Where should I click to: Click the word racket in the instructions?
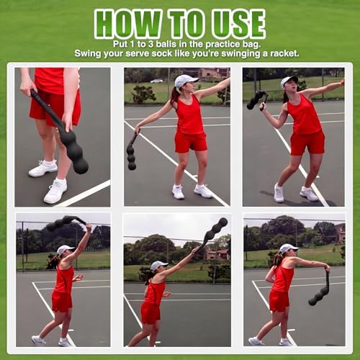tap(285, 53)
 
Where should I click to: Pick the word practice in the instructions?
tap(223, 45)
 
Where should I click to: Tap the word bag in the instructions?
tap(251, 45)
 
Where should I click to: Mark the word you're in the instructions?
tap(206, 54)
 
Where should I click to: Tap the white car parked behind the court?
tap(156, 81)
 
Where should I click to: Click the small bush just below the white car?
tap(143, 94)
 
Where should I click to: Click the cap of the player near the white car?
tap(186, 80)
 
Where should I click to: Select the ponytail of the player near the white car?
tap(175, 96)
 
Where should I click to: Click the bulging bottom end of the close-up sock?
tap(81, 166)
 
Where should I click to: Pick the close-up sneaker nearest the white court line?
tap(55, 192)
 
